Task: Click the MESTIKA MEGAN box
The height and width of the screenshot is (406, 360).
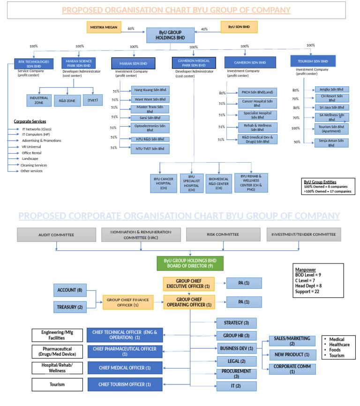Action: click(103, 27)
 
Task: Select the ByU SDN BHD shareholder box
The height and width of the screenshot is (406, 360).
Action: click(239, 27)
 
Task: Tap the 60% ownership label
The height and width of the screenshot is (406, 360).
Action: click(131, 29)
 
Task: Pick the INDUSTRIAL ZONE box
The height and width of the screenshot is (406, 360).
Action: click(39, 99)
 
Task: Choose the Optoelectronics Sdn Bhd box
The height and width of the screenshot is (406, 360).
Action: click(150, 128)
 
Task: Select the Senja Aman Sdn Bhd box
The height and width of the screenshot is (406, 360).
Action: click(331, 143)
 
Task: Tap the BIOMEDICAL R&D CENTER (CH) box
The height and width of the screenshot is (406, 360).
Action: click(219, 183)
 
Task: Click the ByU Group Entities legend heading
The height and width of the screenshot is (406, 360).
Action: click(320, 182)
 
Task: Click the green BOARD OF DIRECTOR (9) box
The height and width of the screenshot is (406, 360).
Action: click(190, 263)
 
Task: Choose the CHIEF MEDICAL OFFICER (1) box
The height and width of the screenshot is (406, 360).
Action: click(124, 368)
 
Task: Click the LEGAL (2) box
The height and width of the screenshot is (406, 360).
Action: click(236, 361)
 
